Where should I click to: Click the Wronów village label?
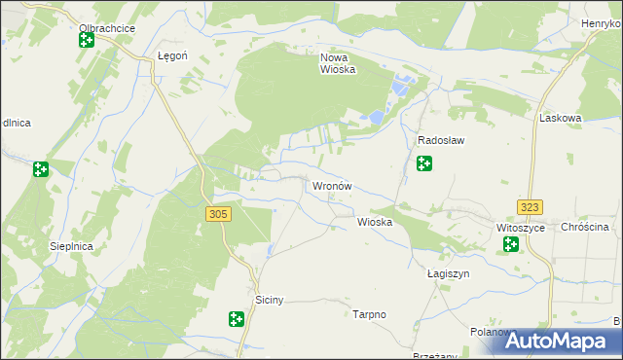click(331, 185)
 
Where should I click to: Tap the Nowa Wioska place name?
click(339, 63)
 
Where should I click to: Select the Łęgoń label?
click(172, 56)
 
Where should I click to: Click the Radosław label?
click(440, 140)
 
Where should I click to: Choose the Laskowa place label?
click(560, 118)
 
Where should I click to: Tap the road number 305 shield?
click(218, 213)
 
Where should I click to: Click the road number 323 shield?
click(531, 207)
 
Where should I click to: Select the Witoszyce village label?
click(518, 227)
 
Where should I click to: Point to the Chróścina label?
click(585, 227)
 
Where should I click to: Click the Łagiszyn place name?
click(448, 273)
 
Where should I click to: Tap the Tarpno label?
click(370, 314)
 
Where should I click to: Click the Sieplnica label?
click(71, 247)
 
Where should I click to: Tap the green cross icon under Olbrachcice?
click(87, 41)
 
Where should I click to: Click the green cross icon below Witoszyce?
click(511, 244)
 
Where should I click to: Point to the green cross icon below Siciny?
click(236, 318)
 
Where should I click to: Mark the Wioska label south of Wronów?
click(375, 222)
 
